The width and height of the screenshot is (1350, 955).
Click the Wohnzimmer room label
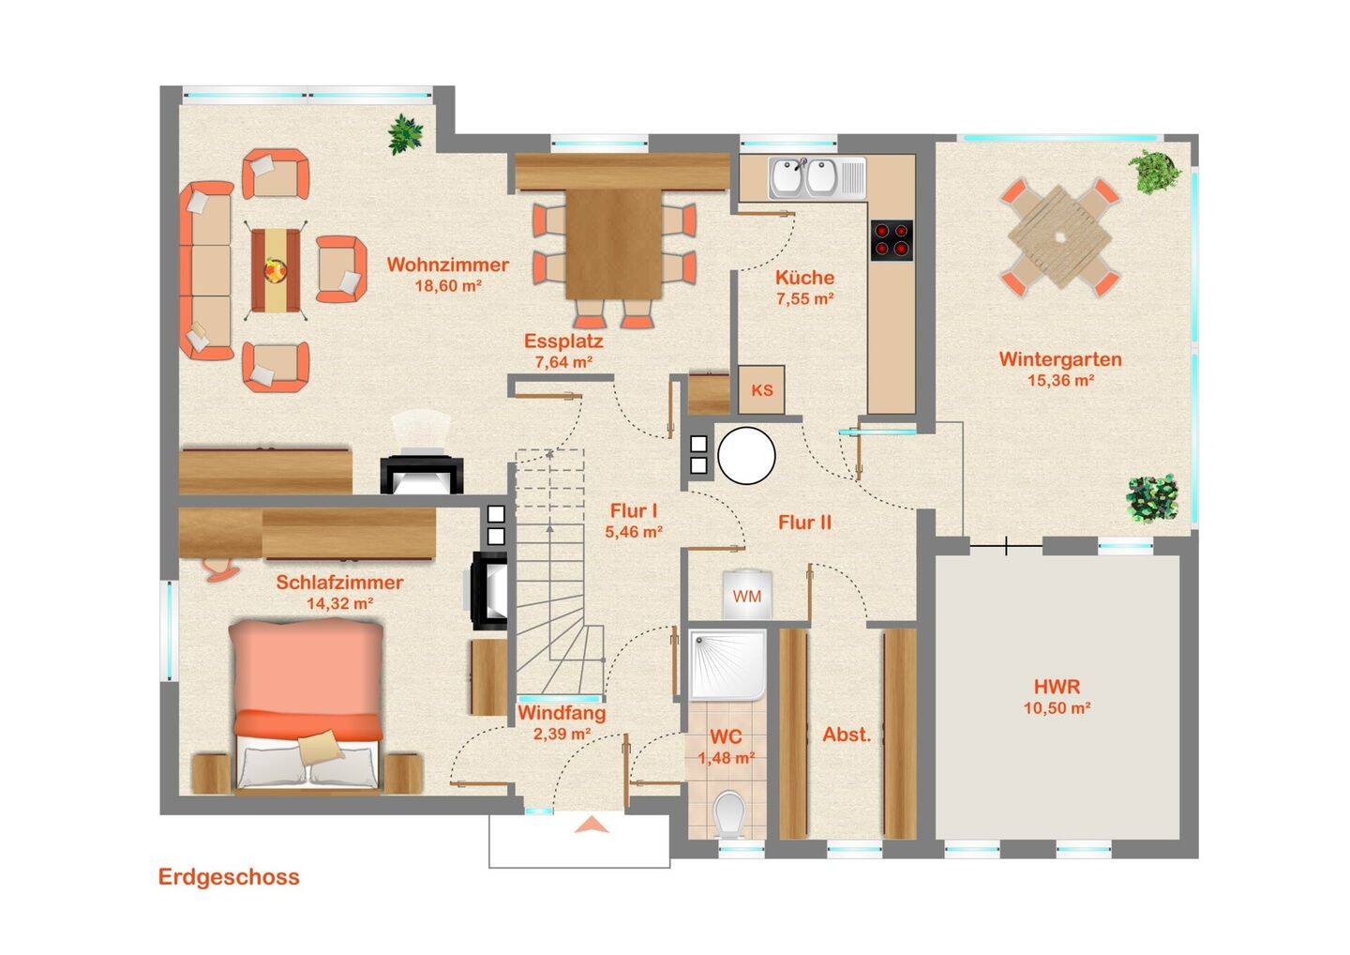pos(448,265)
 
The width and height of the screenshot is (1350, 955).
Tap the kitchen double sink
pos(817,178)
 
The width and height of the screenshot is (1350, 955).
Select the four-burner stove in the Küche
pos(892,240)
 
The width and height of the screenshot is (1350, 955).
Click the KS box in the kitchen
pos(762,389)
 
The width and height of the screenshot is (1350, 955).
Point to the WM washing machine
pos(747,595)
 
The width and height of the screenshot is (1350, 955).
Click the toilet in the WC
pos(729,814)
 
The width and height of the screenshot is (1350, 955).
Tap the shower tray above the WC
pos(727,665)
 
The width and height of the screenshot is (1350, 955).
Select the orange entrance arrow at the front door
pos(592,825)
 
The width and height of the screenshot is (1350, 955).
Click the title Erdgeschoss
pos(229,877)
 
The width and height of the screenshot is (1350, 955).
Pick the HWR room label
pos(1057,686)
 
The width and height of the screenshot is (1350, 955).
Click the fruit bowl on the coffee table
pos(275,269)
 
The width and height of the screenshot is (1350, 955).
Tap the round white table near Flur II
pos(746,455)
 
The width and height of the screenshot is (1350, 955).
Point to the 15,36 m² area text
pos(1060,381)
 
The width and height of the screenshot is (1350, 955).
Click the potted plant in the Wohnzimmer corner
pos(406,134)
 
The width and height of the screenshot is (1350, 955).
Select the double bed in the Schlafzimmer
pos(307,705)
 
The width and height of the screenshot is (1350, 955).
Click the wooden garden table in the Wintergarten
pos(1060,236)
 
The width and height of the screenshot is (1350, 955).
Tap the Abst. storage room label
pos(847,735)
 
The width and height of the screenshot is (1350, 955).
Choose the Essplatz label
pos(563,341)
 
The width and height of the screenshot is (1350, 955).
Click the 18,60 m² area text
pos(448,286)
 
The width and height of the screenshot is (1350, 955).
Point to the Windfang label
pos(562,713)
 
